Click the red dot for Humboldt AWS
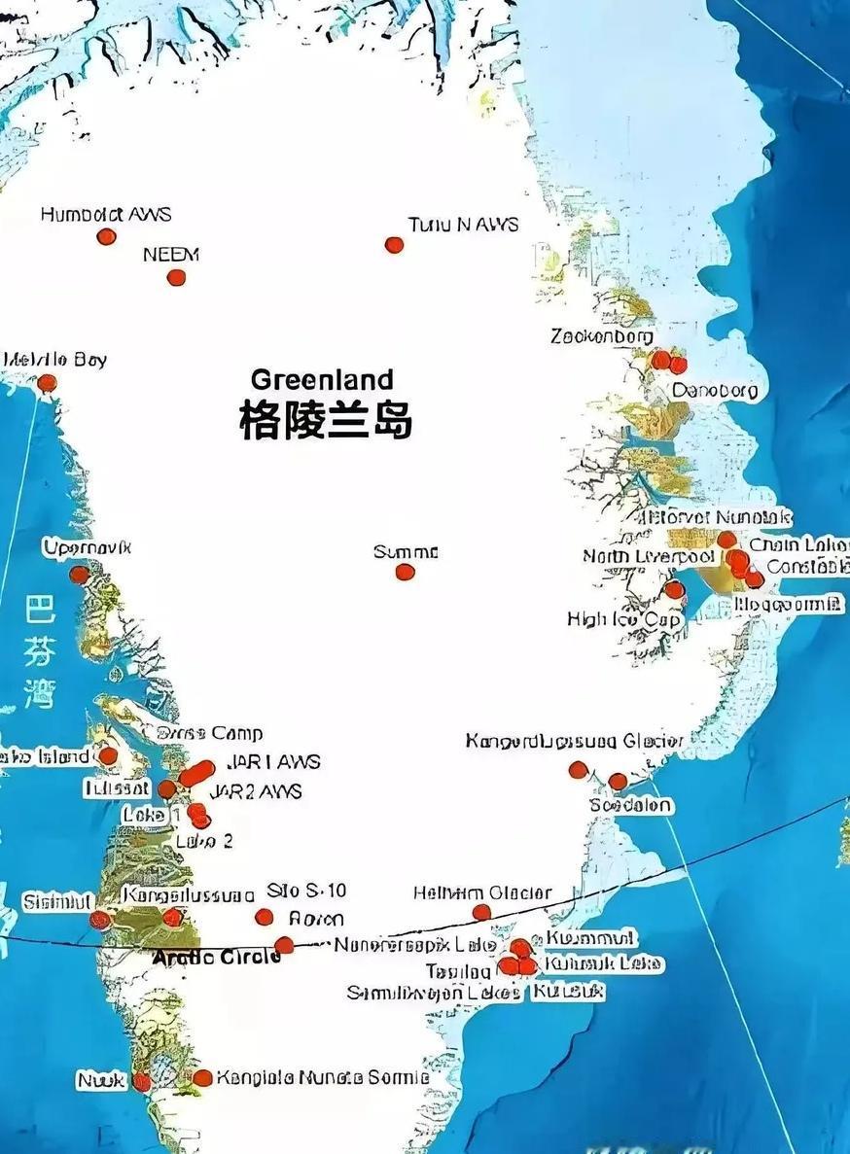pos(106,236)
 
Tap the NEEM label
pos(170,255)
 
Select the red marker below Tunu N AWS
pos(394,245)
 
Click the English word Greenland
pos(322,379)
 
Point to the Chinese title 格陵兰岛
pos(326,421)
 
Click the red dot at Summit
pos(406,572)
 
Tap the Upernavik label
pos(87,548)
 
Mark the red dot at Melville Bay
pos(47,383)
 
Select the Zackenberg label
pos(602,336)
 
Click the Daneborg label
pos(715,390)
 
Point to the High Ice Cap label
pos(623,619)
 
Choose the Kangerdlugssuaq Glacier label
pos(574,742)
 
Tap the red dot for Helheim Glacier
pos(481,912)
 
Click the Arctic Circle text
pos(216,957)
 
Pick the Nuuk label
pos(102,1080)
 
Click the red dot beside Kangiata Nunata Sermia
pos(202,1077)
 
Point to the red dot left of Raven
pos(264,917)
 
